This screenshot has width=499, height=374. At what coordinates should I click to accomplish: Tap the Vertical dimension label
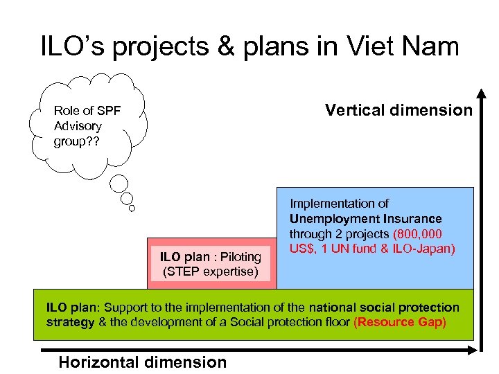[399, 110]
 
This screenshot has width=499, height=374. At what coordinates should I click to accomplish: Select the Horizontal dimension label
[143, 362]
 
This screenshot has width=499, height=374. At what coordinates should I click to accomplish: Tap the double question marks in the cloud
[93, 142]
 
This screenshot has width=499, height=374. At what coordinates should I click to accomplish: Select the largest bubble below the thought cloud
[119, 184]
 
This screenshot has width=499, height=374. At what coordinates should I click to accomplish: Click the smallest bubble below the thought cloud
[132, 207]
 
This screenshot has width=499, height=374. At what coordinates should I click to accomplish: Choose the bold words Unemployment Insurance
[365, 219]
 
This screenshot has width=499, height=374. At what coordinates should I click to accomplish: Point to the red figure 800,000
[417, 234]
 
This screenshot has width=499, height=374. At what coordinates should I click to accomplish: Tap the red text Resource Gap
[400, 323]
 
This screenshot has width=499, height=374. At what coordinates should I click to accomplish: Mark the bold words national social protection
[384, 308]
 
